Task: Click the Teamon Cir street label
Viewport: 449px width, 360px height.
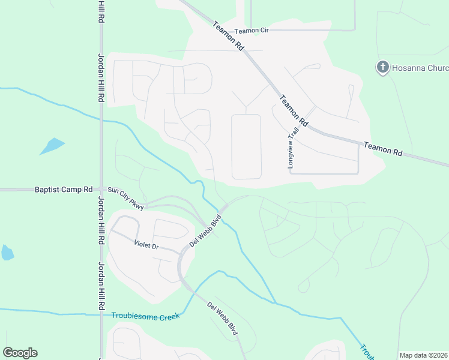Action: click(251, 31)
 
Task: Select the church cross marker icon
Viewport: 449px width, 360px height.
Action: click(383, 67)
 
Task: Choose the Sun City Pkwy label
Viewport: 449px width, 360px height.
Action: click(126, 199)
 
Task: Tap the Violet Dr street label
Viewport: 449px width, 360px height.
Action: click(146, 245)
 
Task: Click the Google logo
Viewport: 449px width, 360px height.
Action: click(20, 353)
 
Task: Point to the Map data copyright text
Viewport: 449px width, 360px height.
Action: click(423, 355)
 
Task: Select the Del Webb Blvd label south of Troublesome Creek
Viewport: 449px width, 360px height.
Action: click(223, 319)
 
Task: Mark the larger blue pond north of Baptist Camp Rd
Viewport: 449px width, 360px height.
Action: click(52, 146)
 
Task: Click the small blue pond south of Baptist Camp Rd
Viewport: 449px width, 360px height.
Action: click(7, 253)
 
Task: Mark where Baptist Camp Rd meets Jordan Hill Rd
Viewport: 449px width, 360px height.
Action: click(100, 190)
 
